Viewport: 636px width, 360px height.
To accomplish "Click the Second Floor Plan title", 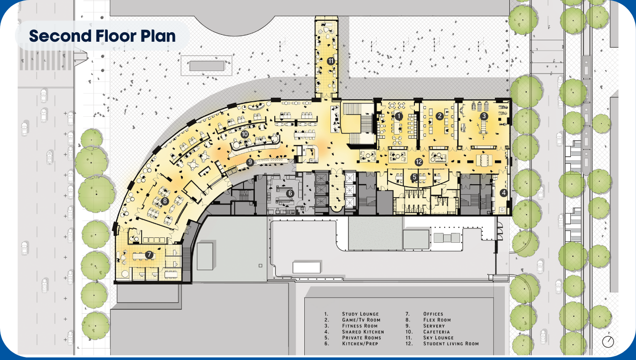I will [102, 36].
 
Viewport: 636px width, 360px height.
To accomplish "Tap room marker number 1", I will [398, 116].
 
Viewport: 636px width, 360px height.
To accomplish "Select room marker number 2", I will [439, 116].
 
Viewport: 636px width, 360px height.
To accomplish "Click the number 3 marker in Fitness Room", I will [483, 116].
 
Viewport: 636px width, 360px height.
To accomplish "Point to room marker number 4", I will [503, 193].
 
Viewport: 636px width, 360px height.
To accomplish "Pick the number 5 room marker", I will [414, 176].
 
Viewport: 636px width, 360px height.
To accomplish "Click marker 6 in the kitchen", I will [291, 193].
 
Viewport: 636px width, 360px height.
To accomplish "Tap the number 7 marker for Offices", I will [149, 254].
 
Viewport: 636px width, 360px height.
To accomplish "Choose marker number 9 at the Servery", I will [250, 162].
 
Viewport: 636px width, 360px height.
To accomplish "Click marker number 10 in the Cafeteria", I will [244, 134].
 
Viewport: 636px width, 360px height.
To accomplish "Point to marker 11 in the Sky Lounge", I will [330, 61].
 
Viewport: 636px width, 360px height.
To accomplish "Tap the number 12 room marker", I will [419, 162].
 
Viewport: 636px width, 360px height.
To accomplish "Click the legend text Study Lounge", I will [360, 314].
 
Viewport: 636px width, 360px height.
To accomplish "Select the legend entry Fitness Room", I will [360, 326].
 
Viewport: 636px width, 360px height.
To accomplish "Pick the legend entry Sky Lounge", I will [438, 338].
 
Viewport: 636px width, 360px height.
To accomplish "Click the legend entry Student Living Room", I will [451, 344].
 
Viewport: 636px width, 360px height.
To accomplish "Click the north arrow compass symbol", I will [608, 342].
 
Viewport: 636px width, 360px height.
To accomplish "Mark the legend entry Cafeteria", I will [436, 332].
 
